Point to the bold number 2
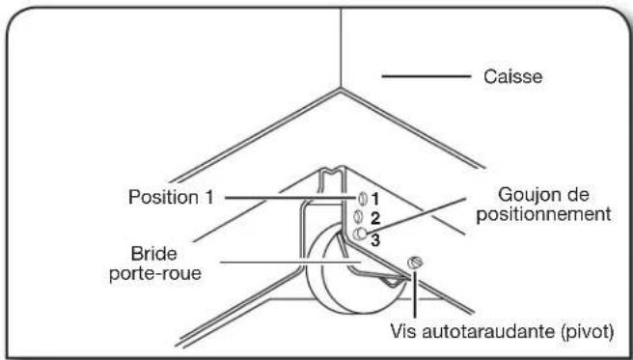point(372,218)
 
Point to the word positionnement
point(543,213)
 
